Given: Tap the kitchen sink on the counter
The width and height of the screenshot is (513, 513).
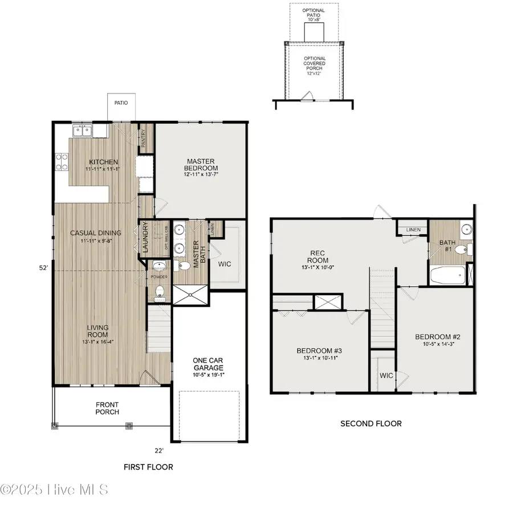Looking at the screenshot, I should point(83,131).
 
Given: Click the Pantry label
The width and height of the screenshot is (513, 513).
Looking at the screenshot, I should point(144,139).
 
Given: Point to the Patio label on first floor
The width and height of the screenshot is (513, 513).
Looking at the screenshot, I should point(120,103).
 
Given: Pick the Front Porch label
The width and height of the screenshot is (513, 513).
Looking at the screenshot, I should point(107,408).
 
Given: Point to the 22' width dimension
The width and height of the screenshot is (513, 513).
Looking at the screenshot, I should point(160,450).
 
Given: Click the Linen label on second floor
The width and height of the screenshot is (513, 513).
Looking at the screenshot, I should point(413,230).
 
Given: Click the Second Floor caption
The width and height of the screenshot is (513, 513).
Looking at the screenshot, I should point(370,424).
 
